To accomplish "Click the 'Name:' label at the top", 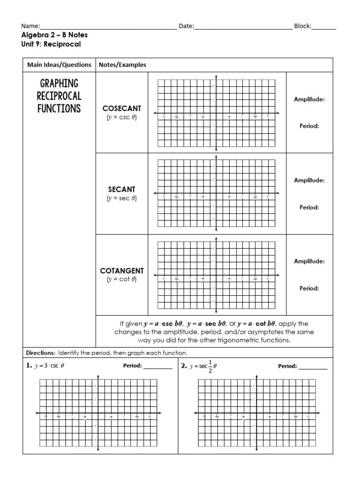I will click(x=31, y=26).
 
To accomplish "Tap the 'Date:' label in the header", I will click(x=187, y=26).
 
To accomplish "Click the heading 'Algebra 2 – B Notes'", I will click(x=54, y=35).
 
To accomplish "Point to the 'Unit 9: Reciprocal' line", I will click(x=48, y=44).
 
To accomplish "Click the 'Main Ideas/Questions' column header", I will click(x=59, y=65).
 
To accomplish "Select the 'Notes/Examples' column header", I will click(x=122, y=65).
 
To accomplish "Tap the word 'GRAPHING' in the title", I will click(x=59, y=83).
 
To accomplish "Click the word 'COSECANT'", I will click(x=122, y=108).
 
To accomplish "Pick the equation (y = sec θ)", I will click(x=122, y=198).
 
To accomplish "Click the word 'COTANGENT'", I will click(x=122, y=271).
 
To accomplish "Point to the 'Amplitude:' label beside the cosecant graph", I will click(x=309, y=99).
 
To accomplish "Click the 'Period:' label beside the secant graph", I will click(x=309, y=207).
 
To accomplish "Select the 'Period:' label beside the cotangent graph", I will click(x=309, y=288).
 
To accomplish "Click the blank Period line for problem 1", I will click(x=158, y=367).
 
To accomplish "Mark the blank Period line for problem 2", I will click(x=313, y=367).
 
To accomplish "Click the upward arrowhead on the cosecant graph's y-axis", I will click(x=216, y=76).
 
